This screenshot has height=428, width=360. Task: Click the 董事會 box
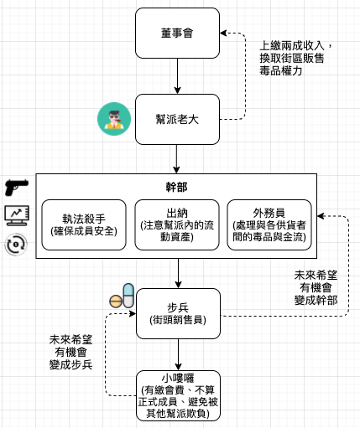(177, 33)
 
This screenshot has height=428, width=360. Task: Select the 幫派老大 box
(177, 119)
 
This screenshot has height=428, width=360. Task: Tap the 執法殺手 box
(84, 224)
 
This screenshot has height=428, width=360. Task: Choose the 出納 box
(177, 224)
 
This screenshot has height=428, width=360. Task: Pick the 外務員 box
(269, 224)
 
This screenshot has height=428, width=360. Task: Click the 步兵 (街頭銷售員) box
(178, 313)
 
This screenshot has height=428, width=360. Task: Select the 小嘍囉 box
(178, 395)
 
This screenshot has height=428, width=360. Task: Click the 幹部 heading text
(176, 187)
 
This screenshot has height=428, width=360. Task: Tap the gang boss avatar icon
(114, 119)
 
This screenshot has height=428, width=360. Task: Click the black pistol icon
(17, 187)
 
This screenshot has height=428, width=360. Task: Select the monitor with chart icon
(17, 215)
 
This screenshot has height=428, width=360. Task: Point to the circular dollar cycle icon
(16, 245)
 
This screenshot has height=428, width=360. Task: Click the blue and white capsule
(128, 296)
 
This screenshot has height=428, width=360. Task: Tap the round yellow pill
(116, 302)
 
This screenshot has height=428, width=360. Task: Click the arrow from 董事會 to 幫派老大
(177, 76)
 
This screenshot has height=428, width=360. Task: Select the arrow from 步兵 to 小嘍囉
(178, 354)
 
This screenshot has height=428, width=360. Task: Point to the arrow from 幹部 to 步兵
(178, 273)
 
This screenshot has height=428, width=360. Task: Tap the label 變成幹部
(316, 301)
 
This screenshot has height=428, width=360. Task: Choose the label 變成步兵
(70, 364)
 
